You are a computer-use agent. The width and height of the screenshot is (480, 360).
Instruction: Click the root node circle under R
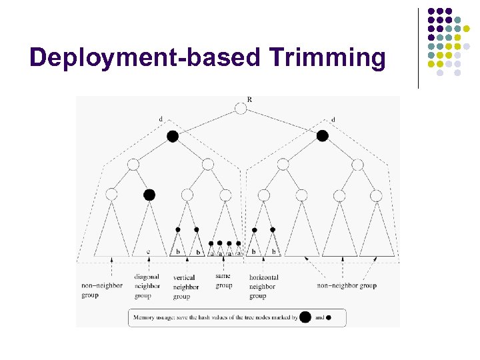241,109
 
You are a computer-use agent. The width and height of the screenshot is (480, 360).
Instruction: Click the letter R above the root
249,100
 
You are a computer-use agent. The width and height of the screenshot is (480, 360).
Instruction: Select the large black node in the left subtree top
173,136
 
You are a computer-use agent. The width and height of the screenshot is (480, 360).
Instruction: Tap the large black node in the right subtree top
323,136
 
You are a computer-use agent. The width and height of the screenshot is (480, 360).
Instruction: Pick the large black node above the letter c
149,195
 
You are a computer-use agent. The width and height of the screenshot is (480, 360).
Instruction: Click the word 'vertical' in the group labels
184,278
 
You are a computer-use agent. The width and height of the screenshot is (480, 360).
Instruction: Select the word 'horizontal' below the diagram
263,277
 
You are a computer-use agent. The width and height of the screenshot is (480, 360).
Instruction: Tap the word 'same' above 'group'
223,275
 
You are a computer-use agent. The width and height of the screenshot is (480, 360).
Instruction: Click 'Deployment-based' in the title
145,58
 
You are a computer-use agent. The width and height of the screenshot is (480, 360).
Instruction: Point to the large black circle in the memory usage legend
305,317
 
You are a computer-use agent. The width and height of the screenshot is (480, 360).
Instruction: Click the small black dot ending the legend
328,318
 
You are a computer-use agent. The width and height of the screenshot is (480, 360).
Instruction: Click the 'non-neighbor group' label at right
347,286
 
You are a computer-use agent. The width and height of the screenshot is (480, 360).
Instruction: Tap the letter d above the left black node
160,119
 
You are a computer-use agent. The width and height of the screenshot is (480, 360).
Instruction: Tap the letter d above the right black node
333,119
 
